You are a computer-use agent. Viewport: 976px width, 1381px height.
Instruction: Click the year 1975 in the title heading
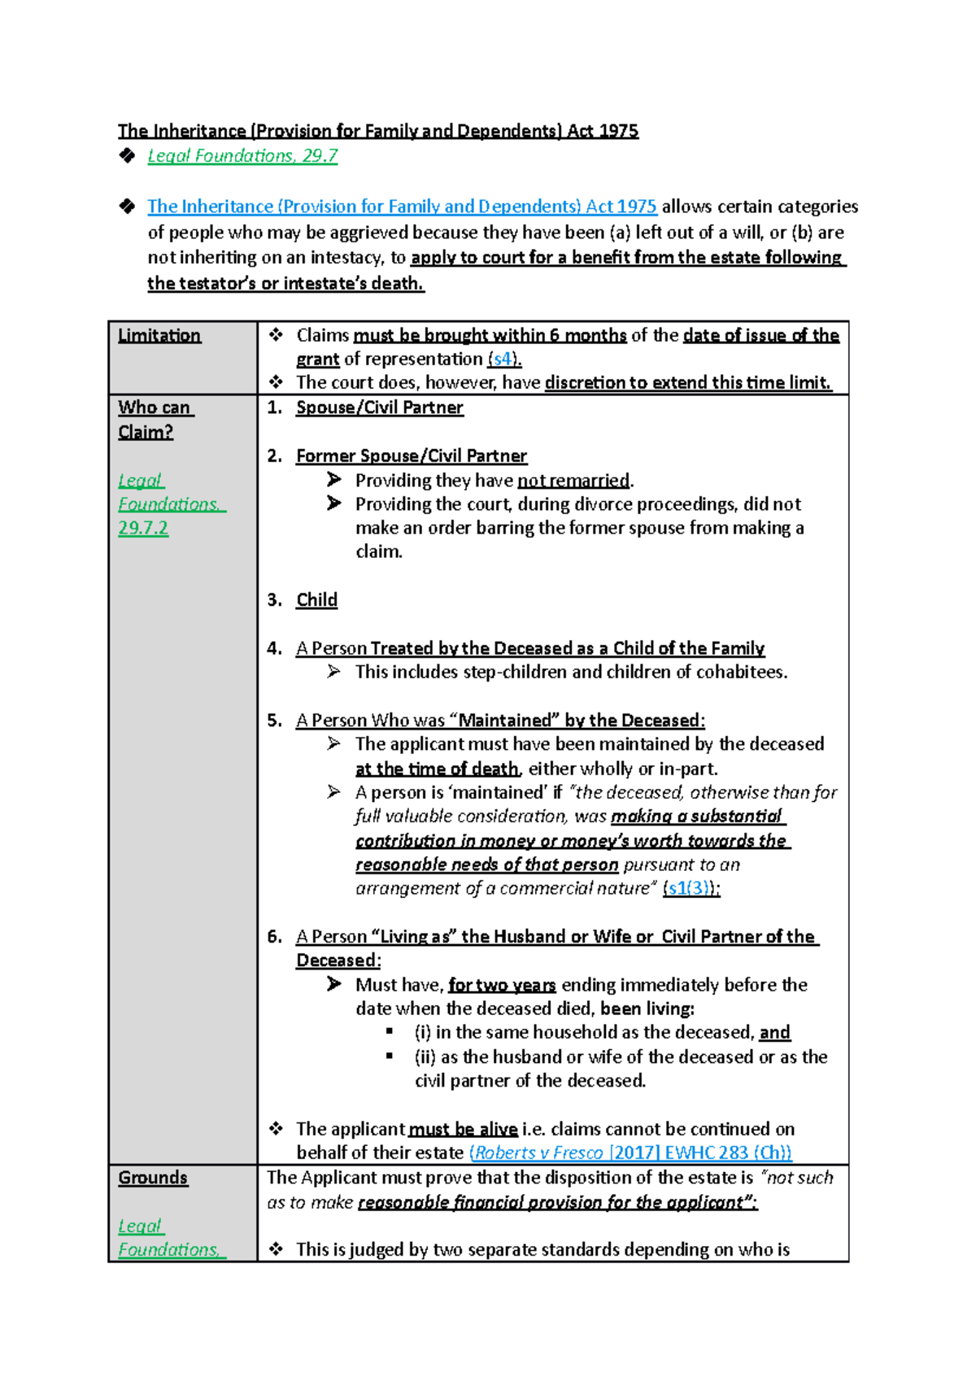(618, 131)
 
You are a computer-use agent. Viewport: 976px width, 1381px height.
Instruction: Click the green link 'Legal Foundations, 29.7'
(242, 156)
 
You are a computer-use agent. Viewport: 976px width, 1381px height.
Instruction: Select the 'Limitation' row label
(159, 335)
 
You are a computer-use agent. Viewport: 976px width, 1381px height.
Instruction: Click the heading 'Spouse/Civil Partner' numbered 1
(379, 407)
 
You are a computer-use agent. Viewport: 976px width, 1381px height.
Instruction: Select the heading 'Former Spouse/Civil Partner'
(411, 455)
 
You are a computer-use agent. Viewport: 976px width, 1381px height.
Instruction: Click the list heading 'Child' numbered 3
(316, 600)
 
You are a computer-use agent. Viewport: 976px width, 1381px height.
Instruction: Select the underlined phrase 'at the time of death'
(437, 769)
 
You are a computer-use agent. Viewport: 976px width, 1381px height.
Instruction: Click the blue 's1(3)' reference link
(688, 888)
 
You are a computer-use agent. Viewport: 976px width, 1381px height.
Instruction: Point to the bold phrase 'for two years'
(502, 985)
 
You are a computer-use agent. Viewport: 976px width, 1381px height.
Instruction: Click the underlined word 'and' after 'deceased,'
(774, 1033)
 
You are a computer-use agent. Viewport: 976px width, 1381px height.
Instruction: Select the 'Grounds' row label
(153, 1178)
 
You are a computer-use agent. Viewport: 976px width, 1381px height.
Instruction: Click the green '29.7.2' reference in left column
(143, 528)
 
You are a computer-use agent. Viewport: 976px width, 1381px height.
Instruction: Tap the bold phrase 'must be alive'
(463, 1129)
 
